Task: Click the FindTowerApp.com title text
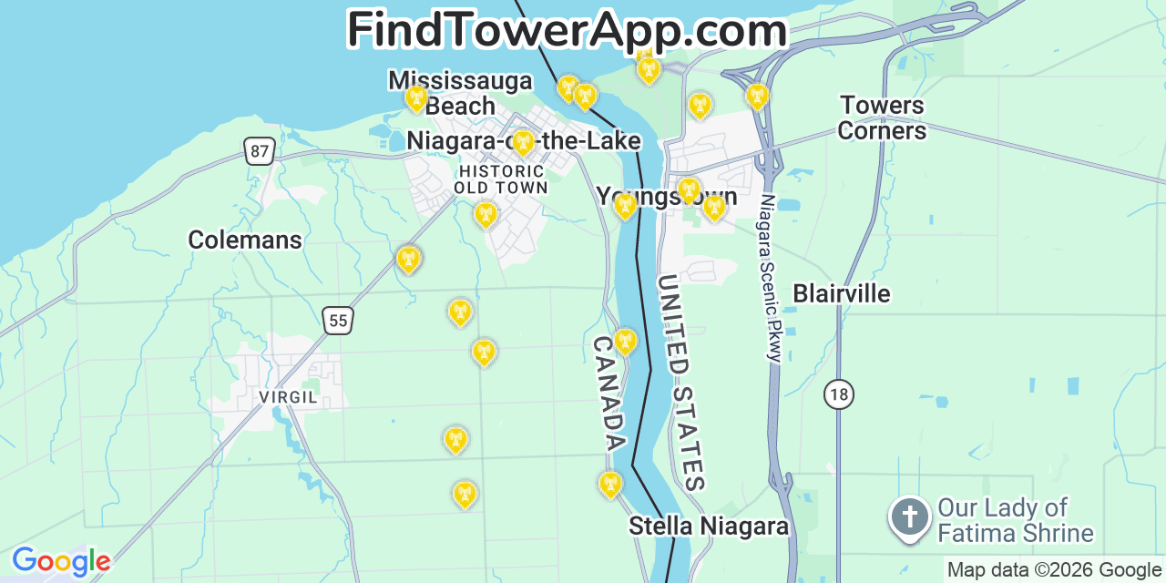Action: point(567,29)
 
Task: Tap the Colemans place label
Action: point(244,240)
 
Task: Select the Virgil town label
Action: point(288,398)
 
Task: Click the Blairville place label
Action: point(841,293)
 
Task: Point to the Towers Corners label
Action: point(881,118)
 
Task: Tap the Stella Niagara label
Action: point(708,526)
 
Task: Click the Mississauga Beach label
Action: point(460,93)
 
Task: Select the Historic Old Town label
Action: point(501,179)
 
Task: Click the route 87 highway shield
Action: point(260,151)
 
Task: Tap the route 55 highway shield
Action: point(338,320)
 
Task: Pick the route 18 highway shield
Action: point(839,394)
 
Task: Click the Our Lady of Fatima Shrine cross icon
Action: point(909,517)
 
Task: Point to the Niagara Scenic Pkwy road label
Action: point(772,278)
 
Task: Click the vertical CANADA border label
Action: point(609,393)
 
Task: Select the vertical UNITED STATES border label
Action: point(681,383)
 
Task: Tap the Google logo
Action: point(61,561)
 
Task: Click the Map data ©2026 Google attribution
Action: point(1055,570)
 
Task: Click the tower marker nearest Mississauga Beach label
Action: point(416,97)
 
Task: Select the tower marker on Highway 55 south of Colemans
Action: point(409,260)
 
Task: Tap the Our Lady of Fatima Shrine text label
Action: point(1015,520)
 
